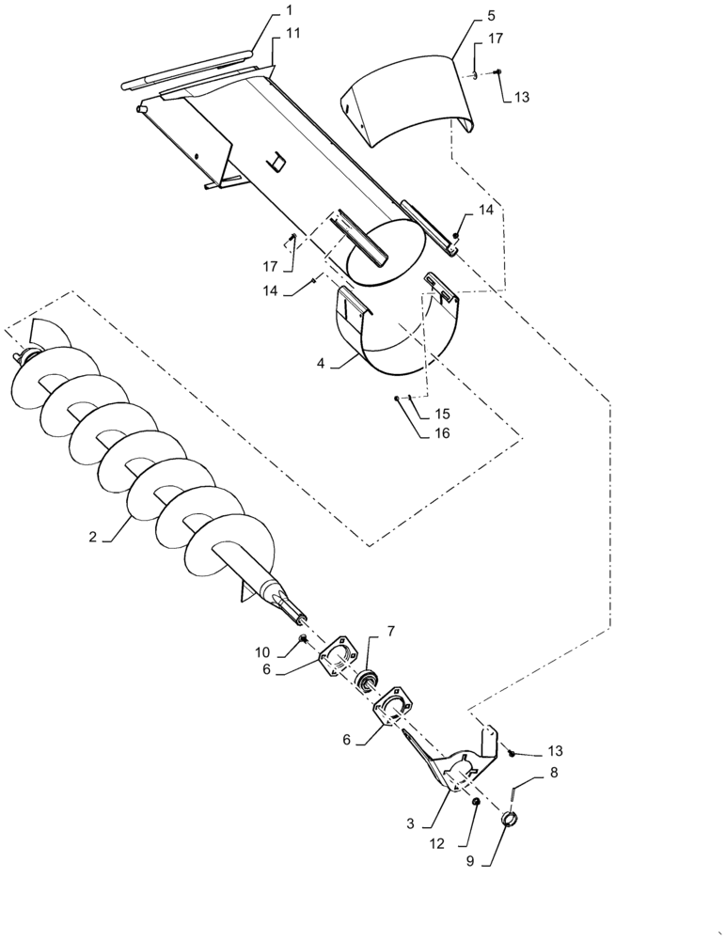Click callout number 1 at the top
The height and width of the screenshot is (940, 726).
coord(289,10)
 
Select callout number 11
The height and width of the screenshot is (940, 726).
coord(293,34)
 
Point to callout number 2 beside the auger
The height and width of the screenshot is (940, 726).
coord(93,537)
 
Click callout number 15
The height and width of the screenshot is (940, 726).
coord(442,415)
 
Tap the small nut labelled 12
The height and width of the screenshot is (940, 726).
coord(476,802)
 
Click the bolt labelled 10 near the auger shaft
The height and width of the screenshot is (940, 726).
coord(304,639)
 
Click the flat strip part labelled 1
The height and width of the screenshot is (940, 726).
coord(188,69)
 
